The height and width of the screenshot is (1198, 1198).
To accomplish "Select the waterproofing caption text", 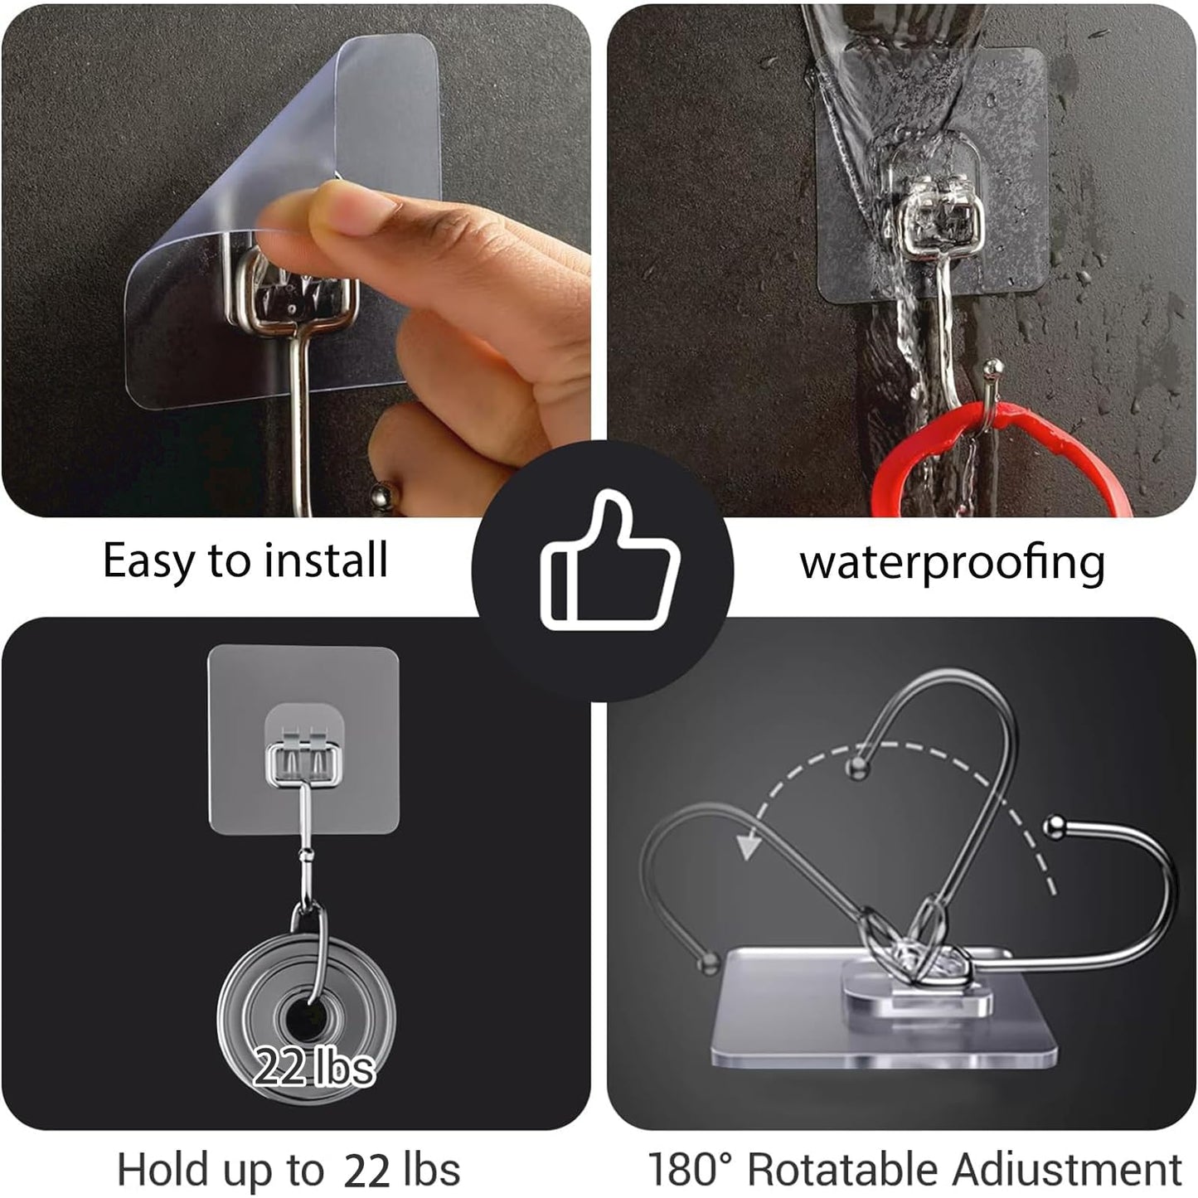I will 952,564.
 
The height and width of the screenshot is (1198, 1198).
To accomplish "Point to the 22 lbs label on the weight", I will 314,1066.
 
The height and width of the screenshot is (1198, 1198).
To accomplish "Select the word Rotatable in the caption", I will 844,1170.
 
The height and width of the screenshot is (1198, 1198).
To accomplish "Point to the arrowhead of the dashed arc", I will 749,846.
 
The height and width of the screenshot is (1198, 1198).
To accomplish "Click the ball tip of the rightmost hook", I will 1054,824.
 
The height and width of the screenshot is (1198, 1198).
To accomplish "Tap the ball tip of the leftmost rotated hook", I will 708,963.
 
